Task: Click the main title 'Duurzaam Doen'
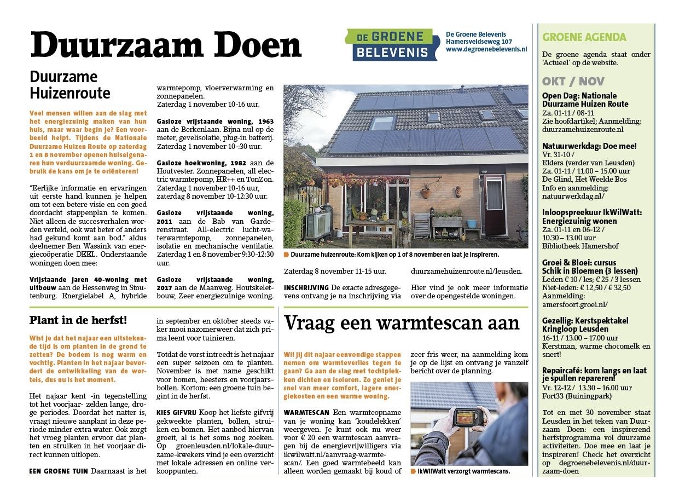165,46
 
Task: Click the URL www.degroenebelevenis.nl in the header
486,49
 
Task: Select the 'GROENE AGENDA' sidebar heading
584,37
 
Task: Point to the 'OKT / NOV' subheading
573,82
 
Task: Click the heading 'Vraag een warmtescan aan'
402,323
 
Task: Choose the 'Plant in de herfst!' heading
78,320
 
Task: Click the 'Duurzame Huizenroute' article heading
70,84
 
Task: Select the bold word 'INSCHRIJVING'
306,288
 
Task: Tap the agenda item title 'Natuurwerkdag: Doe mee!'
582,146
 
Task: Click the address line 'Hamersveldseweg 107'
479,42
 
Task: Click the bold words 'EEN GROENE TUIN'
59,471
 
